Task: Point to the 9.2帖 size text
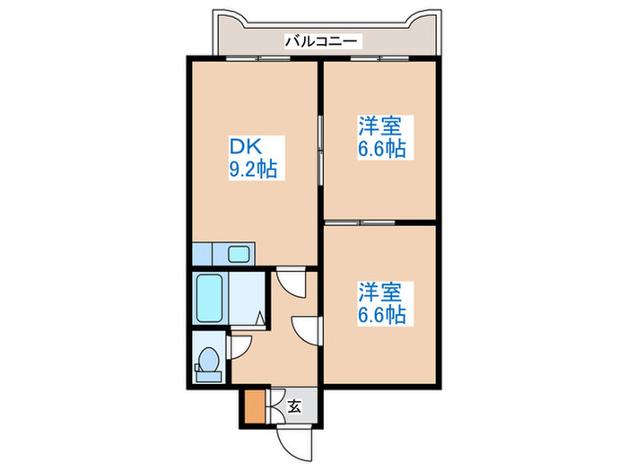pos(251,168)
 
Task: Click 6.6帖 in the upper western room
pos(380,150)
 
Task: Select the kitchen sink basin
pos(239,254)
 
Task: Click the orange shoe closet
pos(255,406)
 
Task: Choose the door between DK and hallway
pos(290,282)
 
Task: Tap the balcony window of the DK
pos(256,58)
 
